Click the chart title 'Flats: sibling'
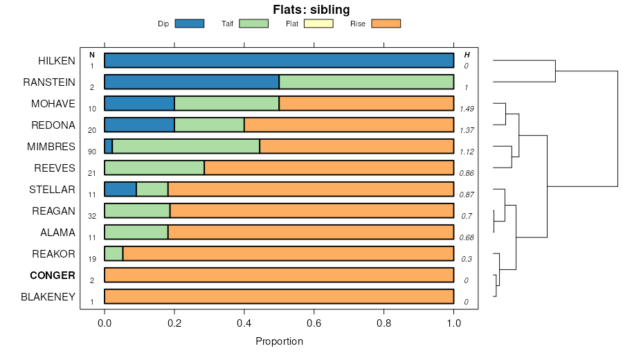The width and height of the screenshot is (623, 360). pyautogui.click(x=311, y=10)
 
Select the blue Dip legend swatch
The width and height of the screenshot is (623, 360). pyautogui.click(x=190, y=24)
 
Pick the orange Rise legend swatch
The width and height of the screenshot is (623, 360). pyautogui.click(x=386, y=24)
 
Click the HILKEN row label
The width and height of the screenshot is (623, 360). pyautogui.click(x=57, y=61)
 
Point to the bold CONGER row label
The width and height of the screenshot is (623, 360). pyautogui.click(x=53, y=276)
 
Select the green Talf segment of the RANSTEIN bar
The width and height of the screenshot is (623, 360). pyautogui.click(x=366, y=82)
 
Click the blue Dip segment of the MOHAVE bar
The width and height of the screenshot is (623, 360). pyautogui.click(x=139, y=104)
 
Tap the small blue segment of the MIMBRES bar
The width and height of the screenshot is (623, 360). pyautogui.click(x=108, y=147)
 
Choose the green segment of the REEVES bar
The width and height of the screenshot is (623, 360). pyautogui.click(x=154, y=168)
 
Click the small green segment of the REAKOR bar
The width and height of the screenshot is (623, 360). pyautogui.click(x=114, y=254)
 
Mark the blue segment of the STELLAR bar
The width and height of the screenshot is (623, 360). pyautogui.click(x=120, y=190)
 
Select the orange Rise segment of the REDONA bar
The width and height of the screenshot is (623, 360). pyautogui.click(x=349, y=125)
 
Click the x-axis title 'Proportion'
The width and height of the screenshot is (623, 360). pyautogui.click(x=279, y=341)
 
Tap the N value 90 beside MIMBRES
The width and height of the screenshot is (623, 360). pyautogui.click(x=92, y=152)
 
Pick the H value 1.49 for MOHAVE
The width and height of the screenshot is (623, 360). pyautogui.click(x=467, y=109)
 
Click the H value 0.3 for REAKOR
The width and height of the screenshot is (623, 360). pyautogui.click(x=467, y=259)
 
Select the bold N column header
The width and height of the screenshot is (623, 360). pyautogui.click(x=92, y=55)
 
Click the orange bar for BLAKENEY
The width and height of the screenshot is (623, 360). pyautogui.click(x=279, y=297)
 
